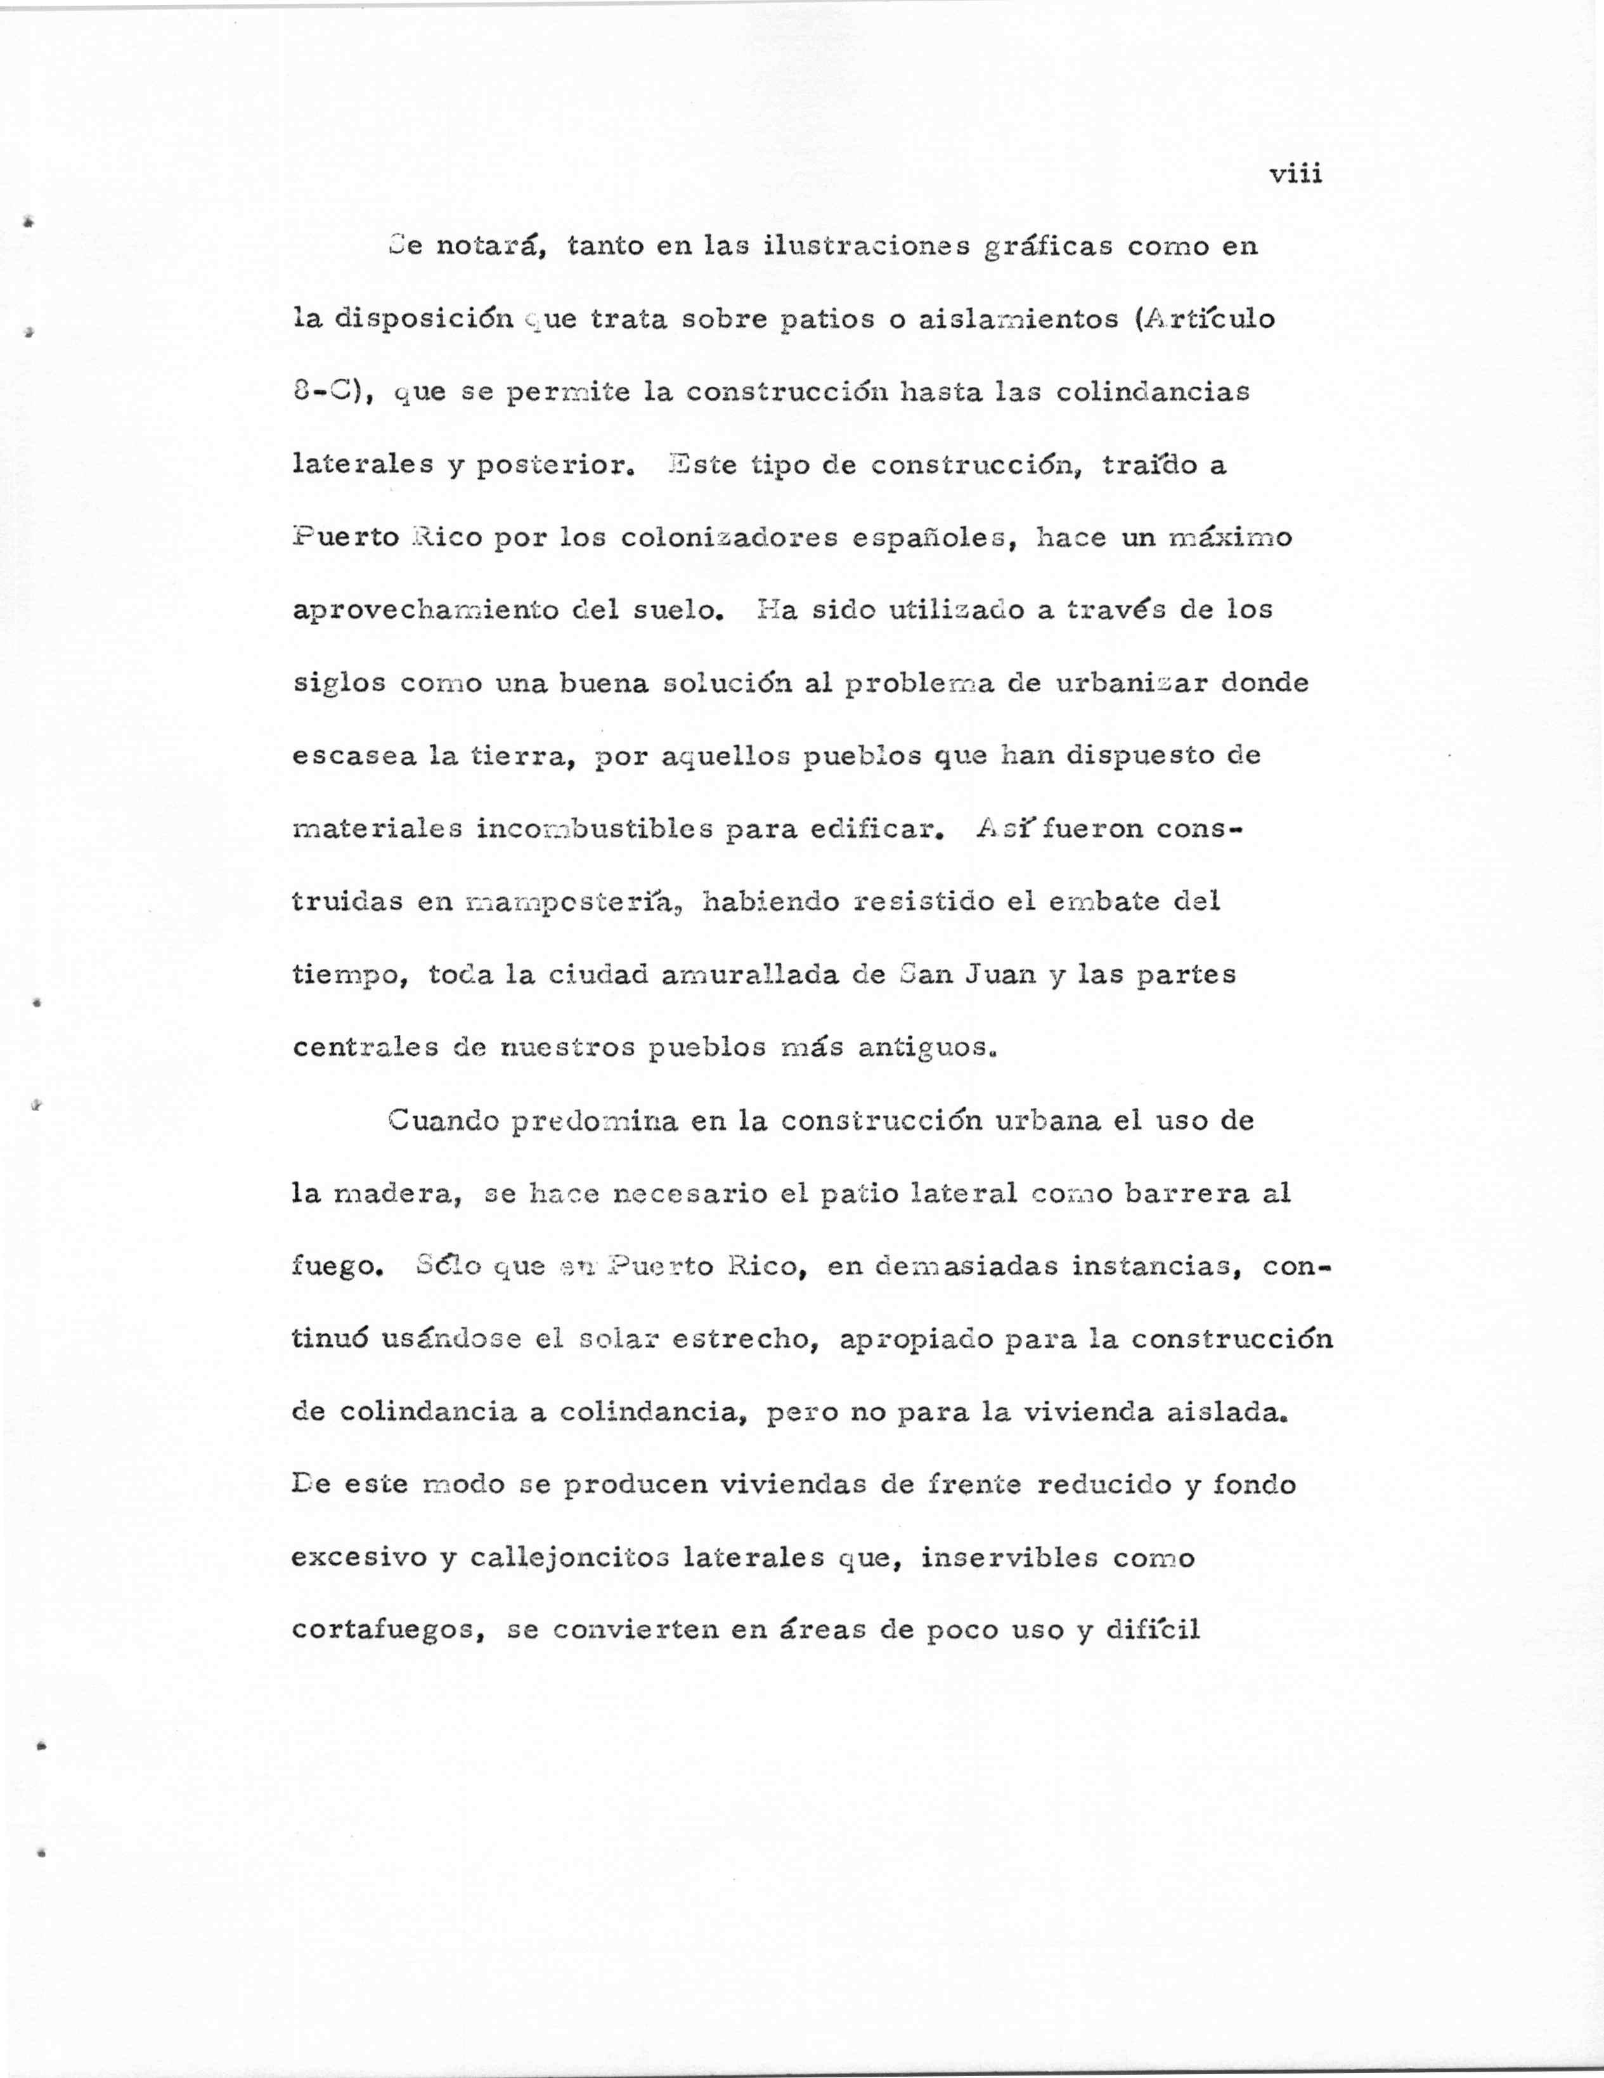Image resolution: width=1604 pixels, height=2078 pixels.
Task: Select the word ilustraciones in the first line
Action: coord(866,247)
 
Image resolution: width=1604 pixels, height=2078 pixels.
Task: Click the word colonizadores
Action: coord(727,538)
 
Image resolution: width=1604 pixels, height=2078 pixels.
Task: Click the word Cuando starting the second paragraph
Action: coord(443,1121)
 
